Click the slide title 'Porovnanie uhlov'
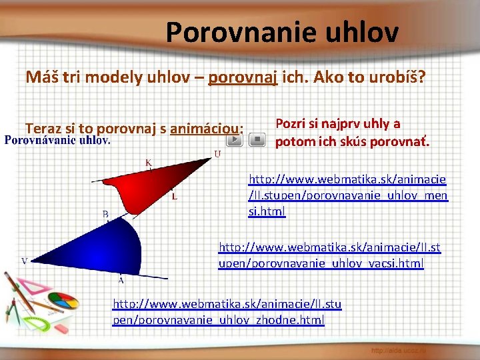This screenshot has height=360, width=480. (x=282, y=31)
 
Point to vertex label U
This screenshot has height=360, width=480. (x=217, y=155)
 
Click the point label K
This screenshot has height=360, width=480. (x=148, y=162)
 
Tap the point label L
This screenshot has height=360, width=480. (x=174, y=197)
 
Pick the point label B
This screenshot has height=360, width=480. (x=105, y=214)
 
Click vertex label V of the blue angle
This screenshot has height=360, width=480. (x=25, y=261)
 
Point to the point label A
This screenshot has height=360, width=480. (x=121, y=279)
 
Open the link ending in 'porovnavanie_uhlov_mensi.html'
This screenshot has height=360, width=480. (x=347, y=195)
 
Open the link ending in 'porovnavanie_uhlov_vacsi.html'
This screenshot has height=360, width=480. (x=329, y=255)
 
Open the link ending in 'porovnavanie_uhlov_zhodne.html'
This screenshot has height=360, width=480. (x=227, y=312)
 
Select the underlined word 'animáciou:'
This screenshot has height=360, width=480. (x=207, y=128)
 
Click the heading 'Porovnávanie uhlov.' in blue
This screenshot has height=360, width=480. (x=58, y=141)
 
